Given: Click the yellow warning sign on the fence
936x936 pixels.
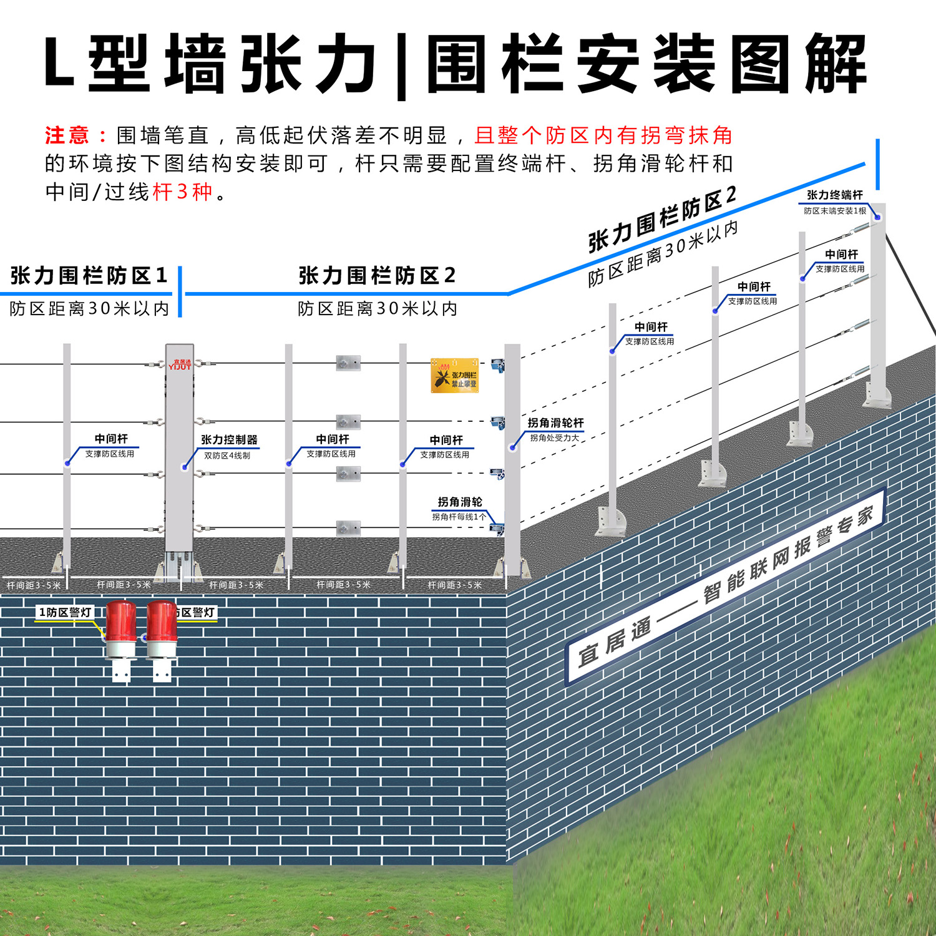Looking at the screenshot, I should pos(454,375).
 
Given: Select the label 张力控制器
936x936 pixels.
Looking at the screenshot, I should pos(229,440).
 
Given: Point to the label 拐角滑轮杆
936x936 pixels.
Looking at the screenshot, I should pos(555,423).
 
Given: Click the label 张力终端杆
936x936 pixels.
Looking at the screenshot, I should pos(834,195).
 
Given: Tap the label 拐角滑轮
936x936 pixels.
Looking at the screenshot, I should pos(460,502).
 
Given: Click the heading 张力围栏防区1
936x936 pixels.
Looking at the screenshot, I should pos(89,275).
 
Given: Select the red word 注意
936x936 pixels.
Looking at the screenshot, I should pos(67,135).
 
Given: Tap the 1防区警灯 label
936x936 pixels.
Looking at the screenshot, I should pos(66,612).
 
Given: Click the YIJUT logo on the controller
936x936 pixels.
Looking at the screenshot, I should pos(180,366).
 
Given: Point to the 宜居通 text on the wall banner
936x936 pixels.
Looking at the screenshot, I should pos(615,641).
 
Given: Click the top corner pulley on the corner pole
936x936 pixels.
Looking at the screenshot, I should pos(497,364).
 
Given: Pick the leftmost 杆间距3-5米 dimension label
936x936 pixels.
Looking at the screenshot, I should pos(34,585).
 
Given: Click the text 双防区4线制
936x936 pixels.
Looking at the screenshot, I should pos(227,456).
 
